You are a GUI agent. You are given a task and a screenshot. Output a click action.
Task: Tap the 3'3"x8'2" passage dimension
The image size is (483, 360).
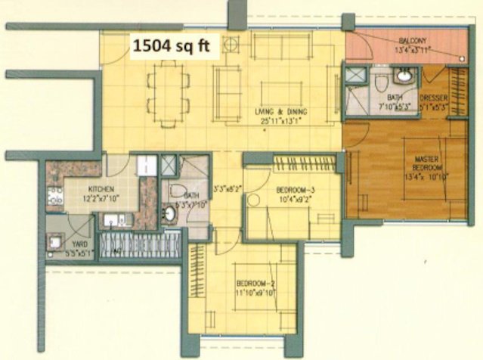click(x=227, y=188)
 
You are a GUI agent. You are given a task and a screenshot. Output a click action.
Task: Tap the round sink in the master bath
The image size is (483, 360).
click(x=406, y=76)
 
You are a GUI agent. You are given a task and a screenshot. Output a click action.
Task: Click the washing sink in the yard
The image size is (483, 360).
click(x=56, y=242)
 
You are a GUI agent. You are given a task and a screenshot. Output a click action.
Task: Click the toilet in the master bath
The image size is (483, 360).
click(x=381, y=79)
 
